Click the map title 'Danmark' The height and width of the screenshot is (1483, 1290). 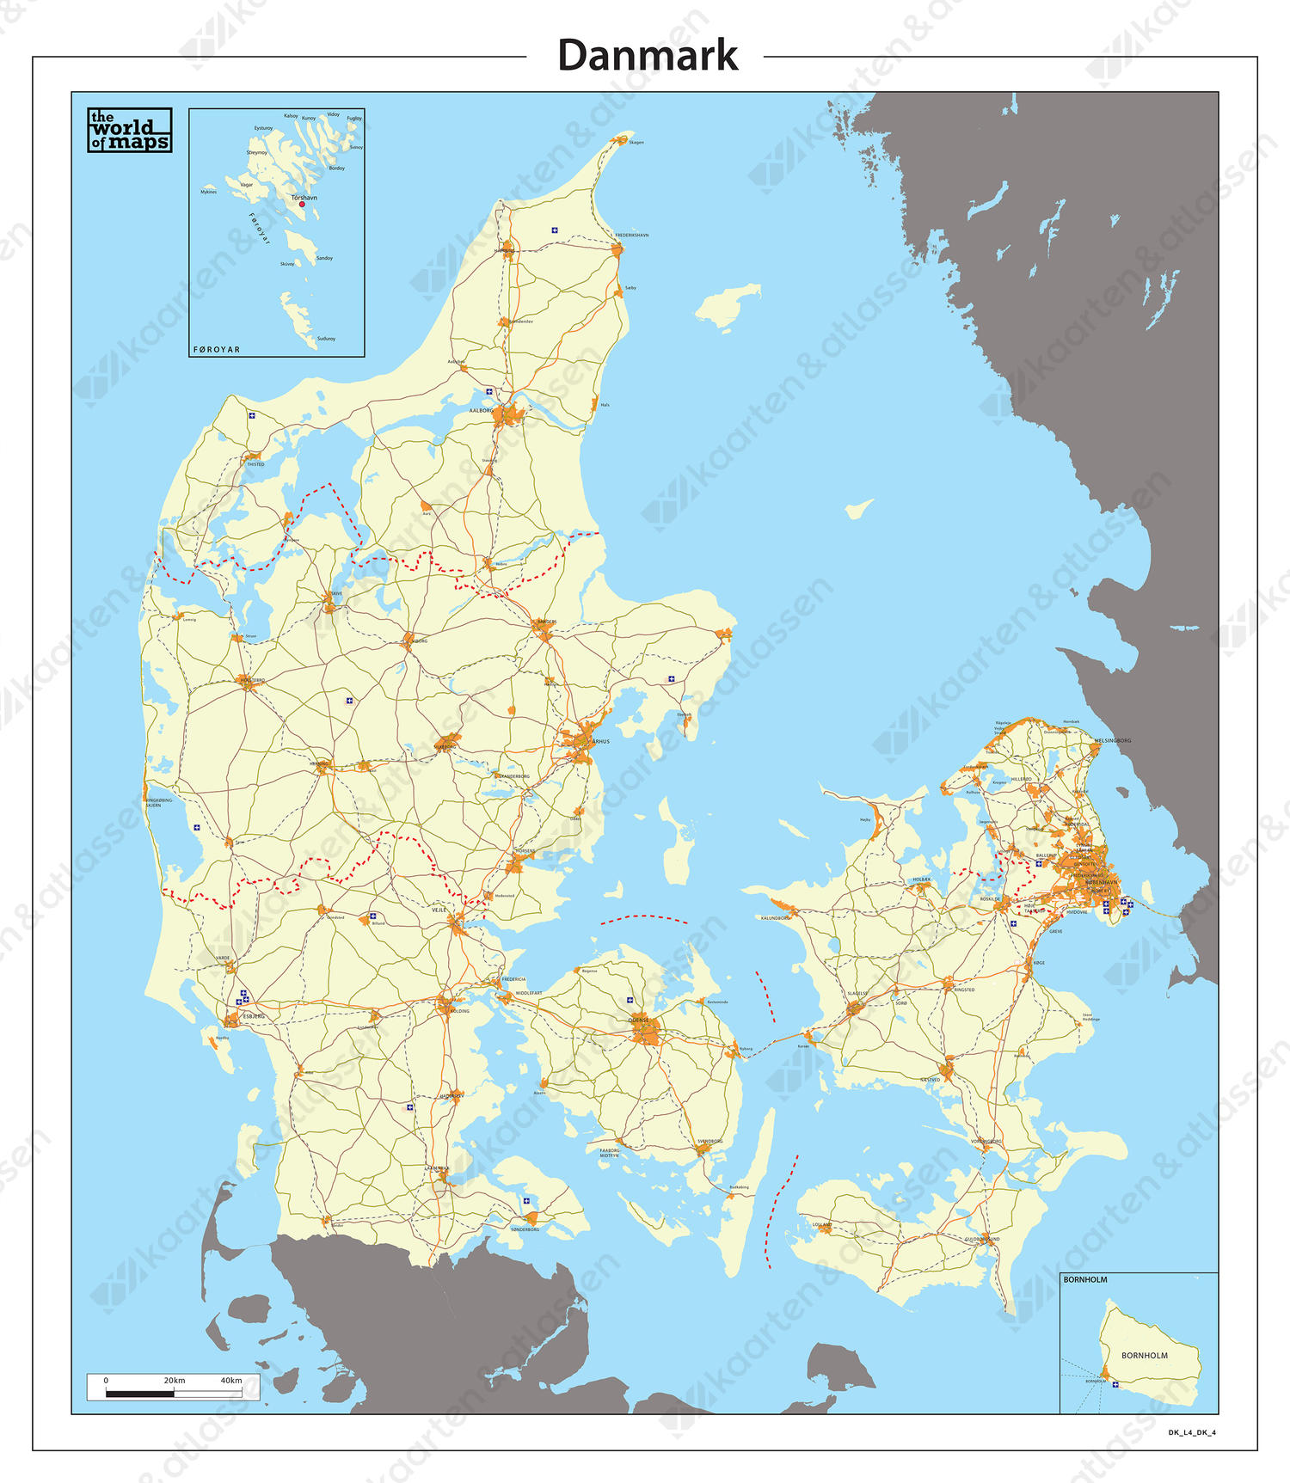coord(647,56)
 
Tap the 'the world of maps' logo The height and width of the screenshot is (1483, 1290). coord(130,130)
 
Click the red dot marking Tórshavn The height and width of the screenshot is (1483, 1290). coord(302,205)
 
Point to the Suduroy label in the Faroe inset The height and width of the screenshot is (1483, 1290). coord(326,339)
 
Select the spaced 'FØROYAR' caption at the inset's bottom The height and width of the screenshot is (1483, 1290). coord(217,350)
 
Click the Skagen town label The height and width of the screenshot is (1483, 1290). coord(636,143)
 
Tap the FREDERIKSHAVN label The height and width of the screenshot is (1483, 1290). coord(632,235)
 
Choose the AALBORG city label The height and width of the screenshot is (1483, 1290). coord(481,411)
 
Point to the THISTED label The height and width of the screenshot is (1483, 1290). coord(255,464)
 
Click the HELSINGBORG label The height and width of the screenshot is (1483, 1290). coord(1113,740)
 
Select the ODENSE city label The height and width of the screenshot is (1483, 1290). coord(638,1020)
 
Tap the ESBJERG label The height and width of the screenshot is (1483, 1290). coord(254,1016)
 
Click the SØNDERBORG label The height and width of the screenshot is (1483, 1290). coord(525,1229)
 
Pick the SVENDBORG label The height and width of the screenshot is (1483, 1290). coord(710,1142)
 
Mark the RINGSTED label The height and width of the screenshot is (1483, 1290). coord(965,990)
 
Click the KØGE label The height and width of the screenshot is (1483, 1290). coord(1039,963)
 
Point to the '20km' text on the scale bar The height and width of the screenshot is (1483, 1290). coord(175,1381)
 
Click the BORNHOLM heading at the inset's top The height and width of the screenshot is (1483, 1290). coord(1085,1280)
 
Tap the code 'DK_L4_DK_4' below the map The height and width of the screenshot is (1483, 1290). coord(1192,1432)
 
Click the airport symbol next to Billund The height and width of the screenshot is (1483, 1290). coord(372,916)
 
